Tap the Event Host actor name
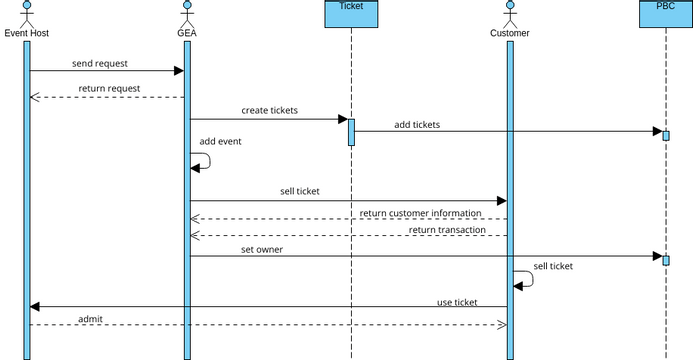(27, 33)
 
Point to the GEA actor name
(186, 33)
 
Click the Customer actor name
(509, 33)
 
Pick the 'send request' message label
(100, 63)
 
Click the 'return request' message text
(109, 89)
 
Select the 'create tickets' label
(269, 110)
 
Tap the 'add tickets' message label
(417, 124)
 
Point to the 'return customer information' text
(421, 213)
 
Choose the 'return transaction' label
(447, 230)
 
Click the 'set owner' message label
(262, 249)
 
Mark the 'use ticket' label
(457, 302)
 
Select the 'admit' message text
(90, 319)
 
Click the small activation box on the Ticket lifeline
(351, 132)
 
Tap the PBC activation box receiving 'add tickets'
(665, 135)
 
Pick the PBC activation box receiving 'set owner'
(665, 260)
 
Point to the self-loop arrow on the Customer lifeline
(528, 279)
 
